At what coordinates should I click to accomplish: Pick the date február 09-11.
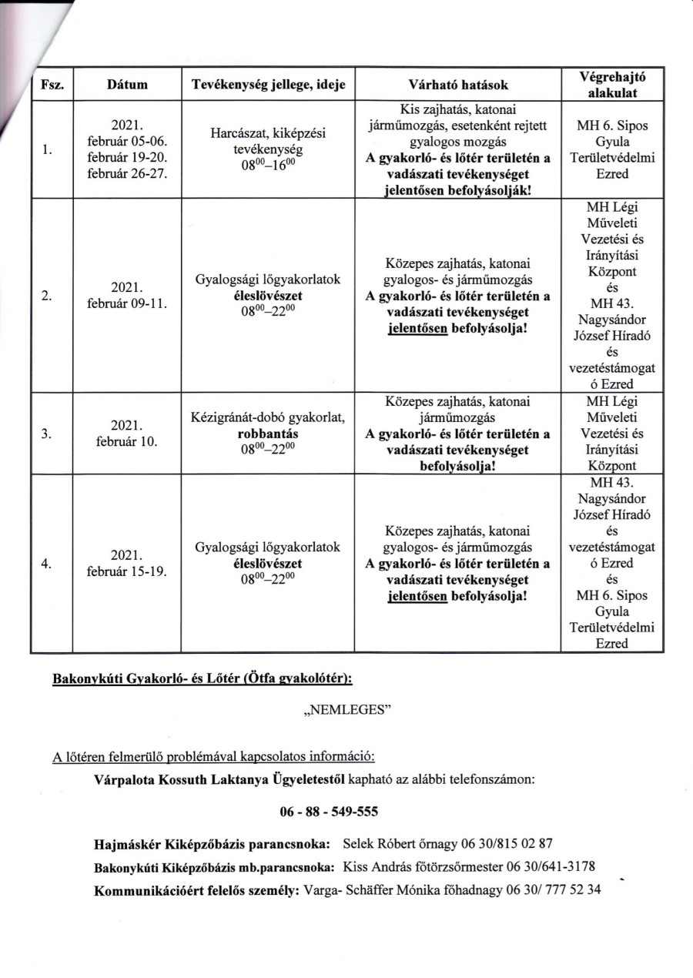click(x=128, y=303)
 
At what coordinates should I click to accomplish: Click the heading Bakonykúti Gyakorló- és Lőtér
click(x=150, y=680)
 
